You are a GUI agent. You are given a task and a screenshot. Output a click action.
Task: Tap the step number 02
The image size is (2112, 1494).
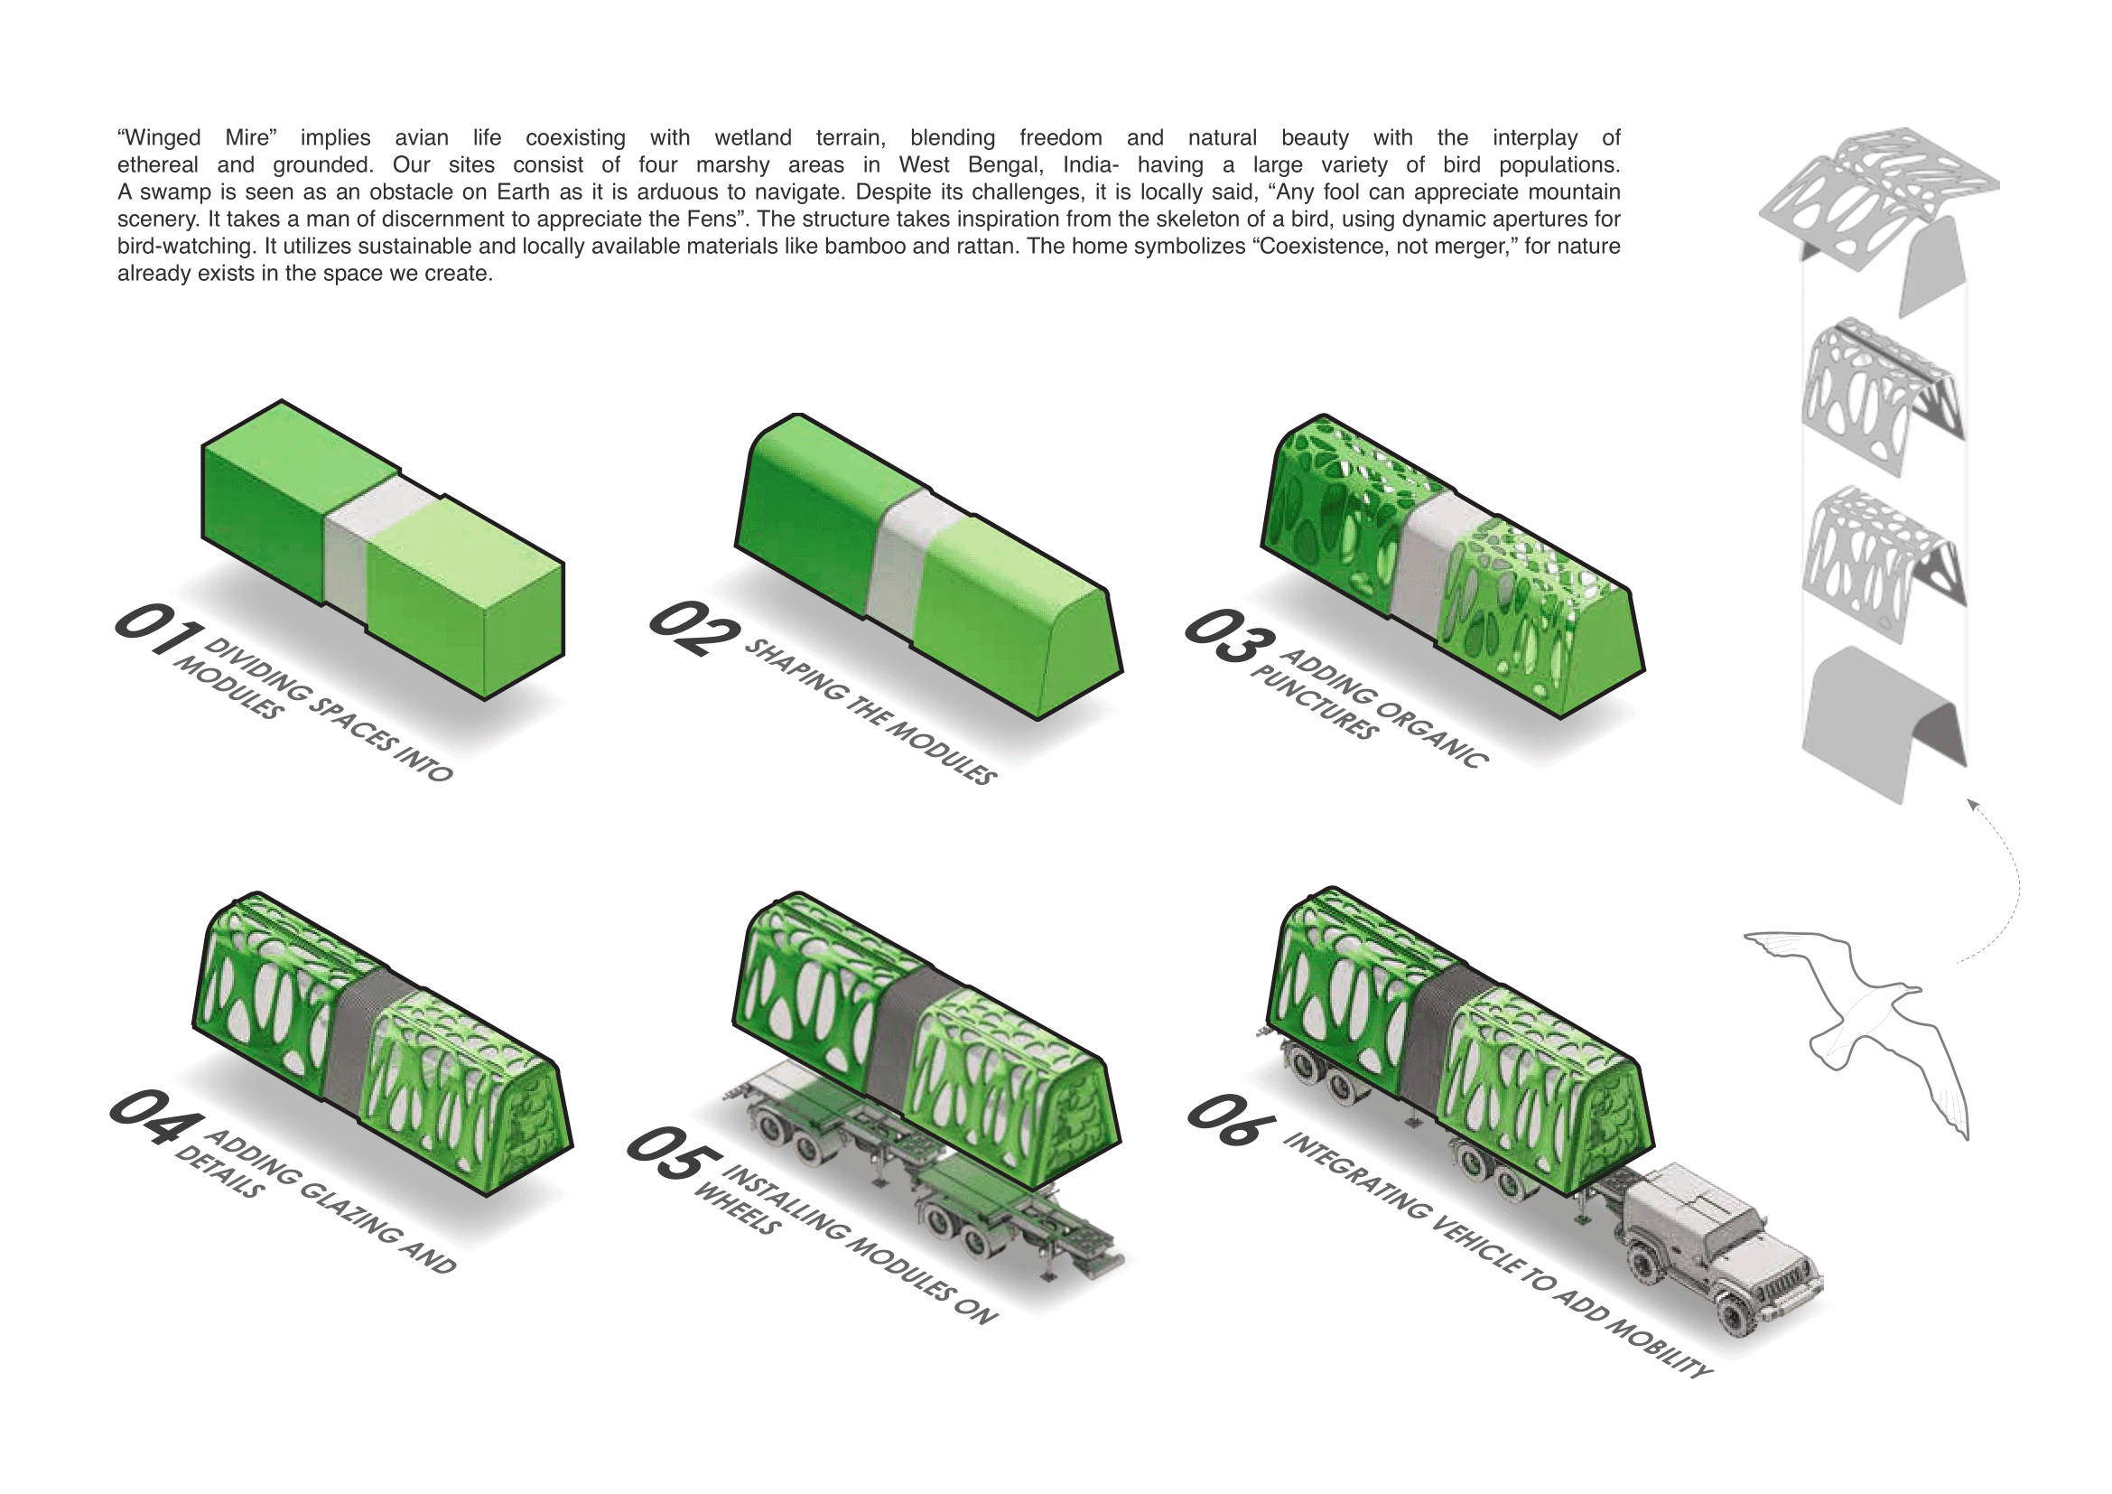(x=693, y=630)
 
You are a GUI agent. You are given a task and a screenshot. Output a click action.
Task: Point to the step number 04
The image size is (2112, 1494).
(x=155, y=1116)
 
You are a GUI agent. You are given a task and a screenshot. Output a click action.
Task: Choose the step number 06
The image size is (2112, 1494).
(x=1232, y=1119)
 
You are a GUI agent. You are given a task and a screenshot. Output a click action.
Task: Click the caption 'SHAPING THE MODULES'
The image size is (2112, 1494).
(x=870, y=711)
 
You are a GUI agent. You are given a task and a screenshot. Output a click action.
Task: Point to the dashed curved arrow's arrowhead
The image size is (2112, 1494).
(x=1970, y=804)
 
